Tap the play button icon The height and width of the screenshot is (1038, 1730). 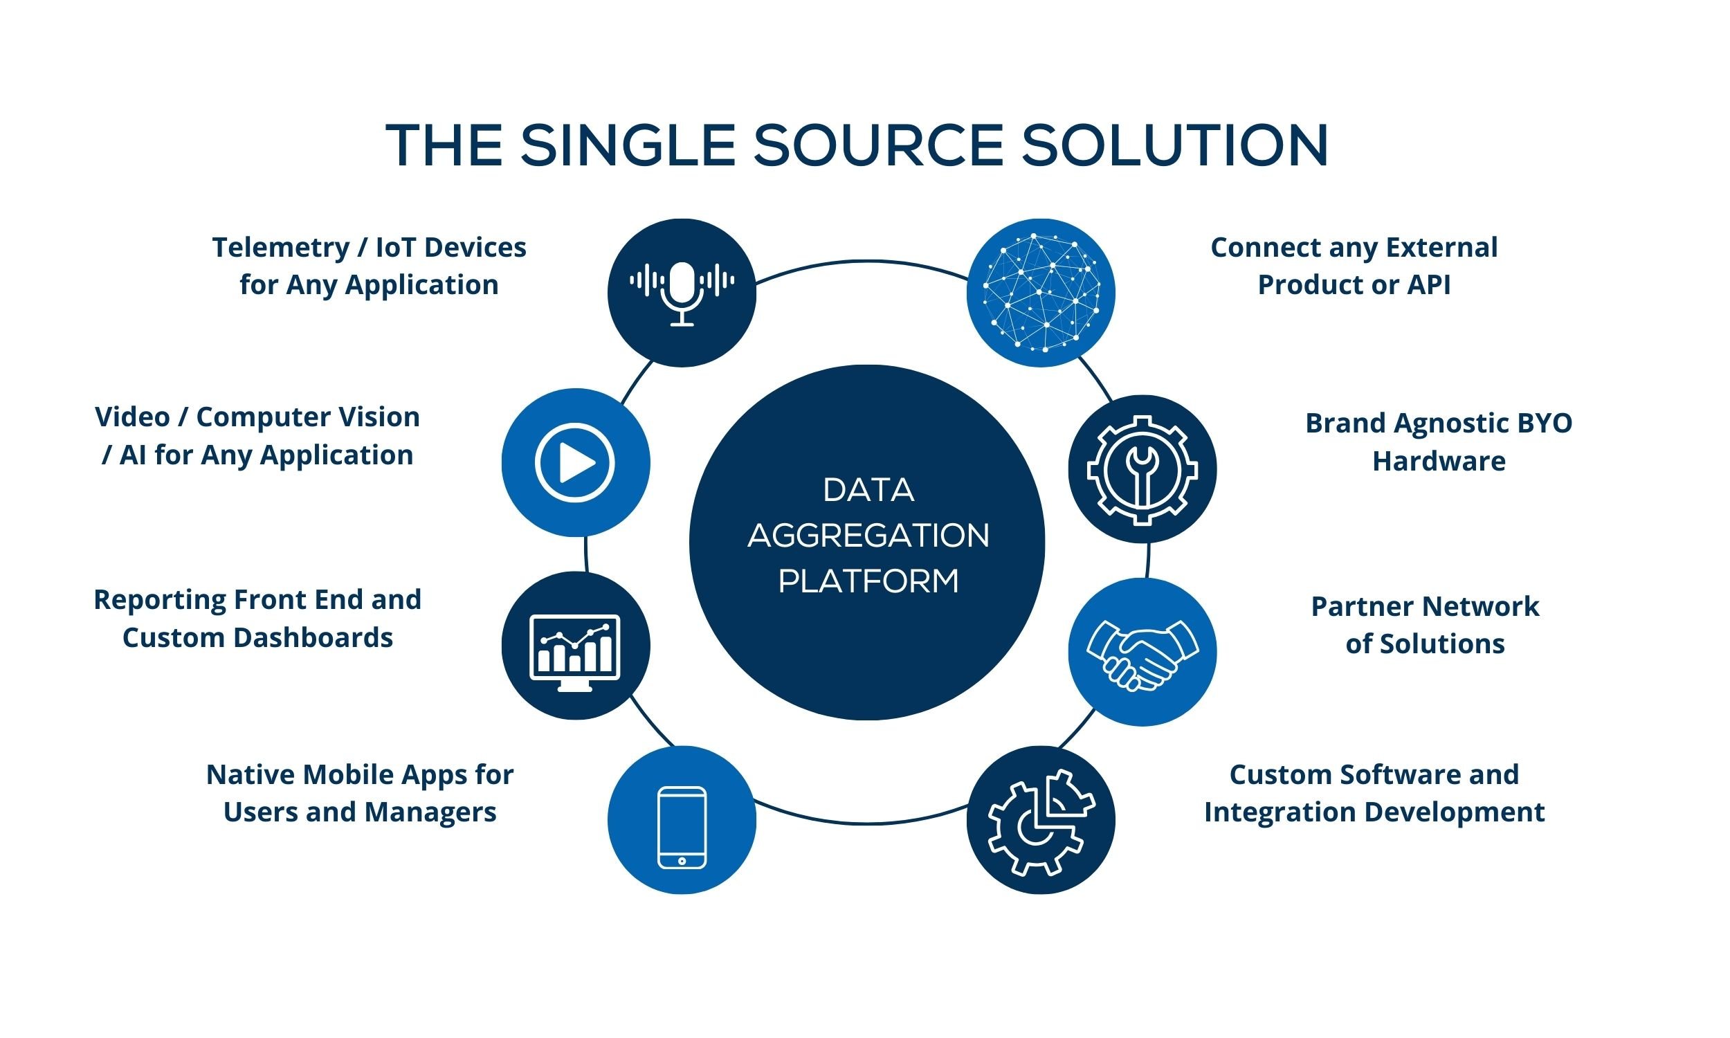[x=575, y=462]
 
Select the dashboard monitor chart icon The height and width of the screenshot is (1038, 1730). [x=575, y=651]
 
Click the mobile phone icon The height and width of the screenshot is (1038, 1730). [x=682, y=828]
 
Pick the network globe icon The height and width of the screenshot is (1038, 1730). [x=1041, y=293]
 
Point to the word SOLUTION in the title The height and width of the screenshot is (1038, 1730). [x=1174, y=145]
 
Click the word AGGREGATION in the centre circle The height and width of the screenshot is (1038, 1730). [x=868, y=536]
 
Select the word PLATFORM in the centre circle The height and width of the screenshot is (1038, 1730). [x=868, y=581]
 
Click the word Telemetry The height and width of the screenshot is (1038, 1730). [x=280, y=248]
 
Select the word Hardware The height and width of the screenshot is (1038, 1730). [x=1439, y=461]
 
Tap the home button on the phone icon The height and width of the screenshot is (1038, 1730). [x=682, y=861]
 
